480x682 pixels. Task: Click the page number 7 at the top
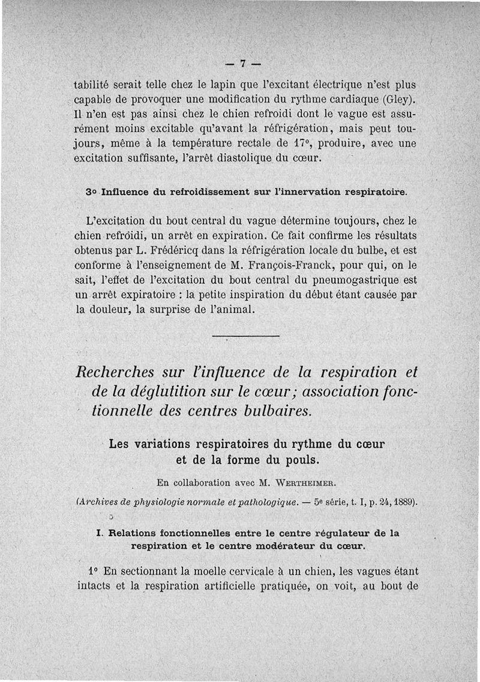point(244,64)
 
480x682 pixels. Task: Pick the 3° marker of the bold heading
point(92,192)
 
